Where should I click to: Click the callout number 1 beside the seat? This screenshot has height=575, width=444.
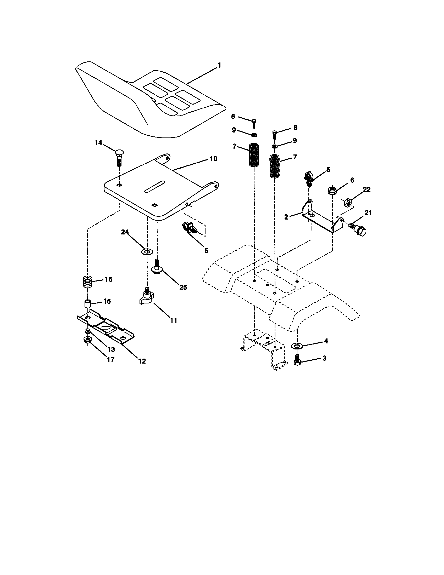click(219, 66)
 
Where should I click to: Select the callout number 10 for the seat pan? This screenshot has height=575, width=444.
click(213, 159)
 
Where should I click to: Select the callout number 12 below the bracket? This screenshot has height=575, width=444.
click(142, 361)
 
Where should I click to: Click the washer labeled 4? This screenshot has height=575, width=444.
click(297, 345)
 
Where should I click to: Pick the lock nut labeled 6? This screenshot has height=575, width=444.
click(332, 190)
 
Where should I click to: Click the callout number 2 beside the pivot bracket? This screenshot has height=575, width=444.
click(286, 217)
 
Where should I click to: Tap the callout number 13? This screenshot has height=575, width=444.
click(111, 349)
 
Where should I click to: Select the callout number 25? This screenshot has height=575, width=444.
click(183, 287)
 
